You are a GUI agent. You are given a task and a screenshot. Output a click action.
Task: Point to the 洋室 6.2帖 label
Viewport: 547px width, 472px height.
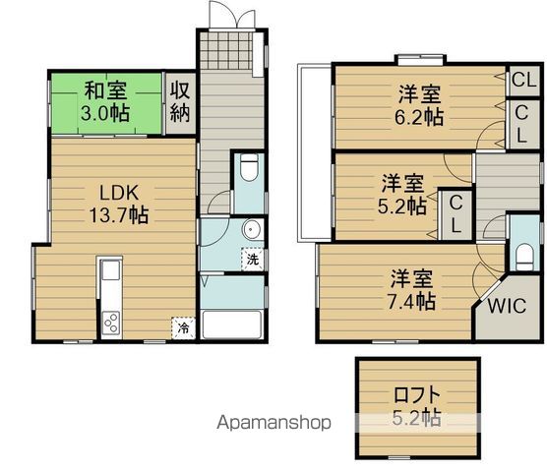pyautogui.click(x=420, y=105)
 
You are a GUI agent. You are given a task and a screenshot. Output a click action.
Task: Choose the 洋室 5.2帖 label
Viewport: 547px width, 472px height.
pyautogui.click(x=403, y=194)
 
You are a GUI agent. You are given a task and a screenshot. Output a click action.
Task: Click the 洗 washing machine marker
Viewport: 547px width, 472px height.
pyautogui.click(x=253, y=261)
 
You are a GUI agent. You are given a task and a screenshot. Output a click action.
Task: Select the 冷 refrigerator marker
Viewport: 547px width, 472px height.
pyautogui.click(x=182, y=328)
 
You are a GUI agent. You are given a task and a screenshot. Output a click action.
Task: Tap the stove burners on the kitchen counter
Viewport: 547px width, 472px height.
pyautogui.click(x=109, y=323)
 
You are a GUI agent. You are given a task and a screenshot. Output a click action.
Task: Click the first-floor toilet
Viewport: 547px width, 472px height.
pyautogui.click(x=250, y=168)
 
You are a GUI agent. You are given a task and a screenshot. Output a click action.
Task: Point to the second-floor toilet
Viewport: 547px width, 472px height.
pyautogui.click(x=524, y=256)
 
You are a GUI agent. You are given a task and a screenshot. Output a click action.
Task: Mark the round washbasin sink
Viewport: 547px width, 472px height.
pyautogui.click(x=250, y=232)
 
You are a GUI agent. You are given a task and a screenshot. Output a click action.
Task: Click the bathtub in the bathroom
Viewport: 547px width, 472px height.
pyautogui.click(x=232, y=325)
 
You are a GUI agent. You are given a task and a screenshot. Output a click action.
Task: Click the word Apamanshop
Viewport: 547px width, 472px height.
pyautogui.click(x=273, y=424)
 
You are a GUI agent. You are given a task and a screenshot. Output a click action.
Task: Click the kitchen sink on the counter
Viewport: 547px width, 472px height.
pyautogui.click(x=109, y=271)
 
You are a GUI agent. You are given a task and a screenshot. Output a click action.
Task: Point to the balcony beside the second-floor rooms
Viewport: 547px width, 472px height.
pyautogui.click(x=314, y=152)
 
